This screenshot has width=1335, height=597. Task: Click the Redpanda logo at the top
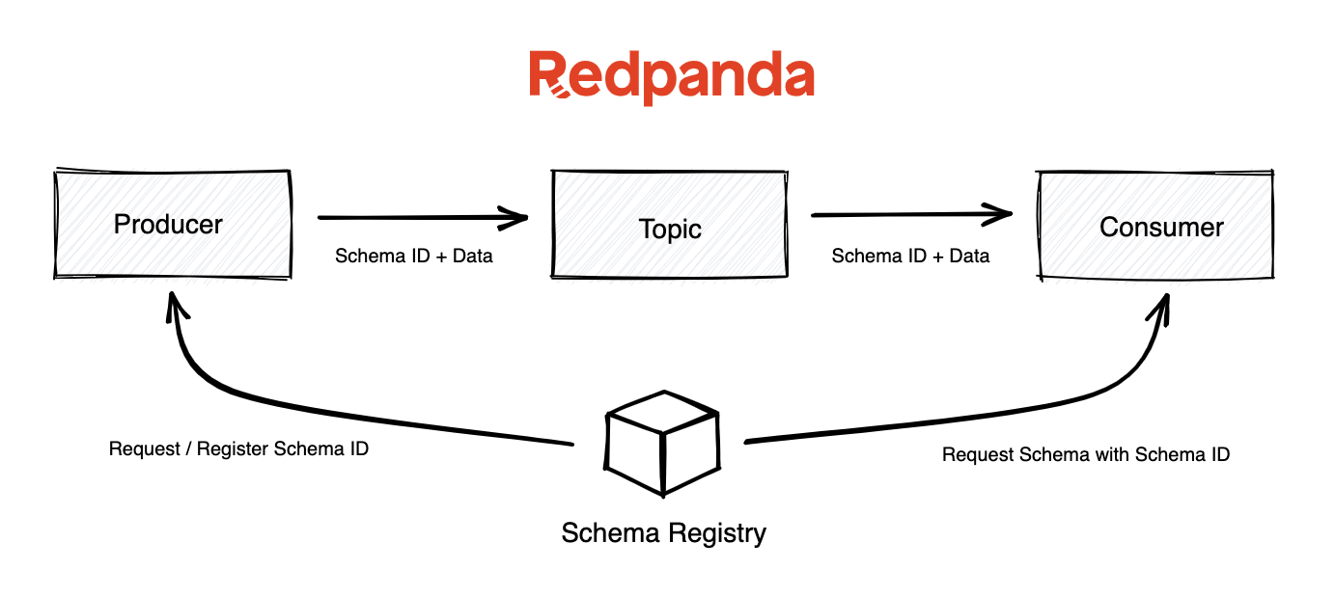671,77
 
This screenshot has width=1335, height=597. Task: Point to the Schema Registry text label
663,532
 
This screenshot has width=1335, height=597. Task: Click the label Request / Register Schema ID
238,449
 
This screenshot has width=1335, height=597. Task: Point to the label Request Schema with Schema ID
1086,454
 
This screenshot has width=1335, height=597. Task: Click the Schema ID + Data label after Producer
414,257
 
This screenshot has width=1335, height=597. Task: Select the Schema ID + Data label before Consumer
910,257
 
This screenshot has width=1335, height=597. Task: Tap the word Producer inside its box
168,225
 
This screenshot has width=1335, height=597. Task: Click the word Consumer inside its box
1161,228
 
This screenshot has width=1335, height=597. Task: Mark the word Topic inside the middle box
669,230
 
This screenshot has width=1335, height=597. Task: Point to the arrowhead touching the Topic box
517,218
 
